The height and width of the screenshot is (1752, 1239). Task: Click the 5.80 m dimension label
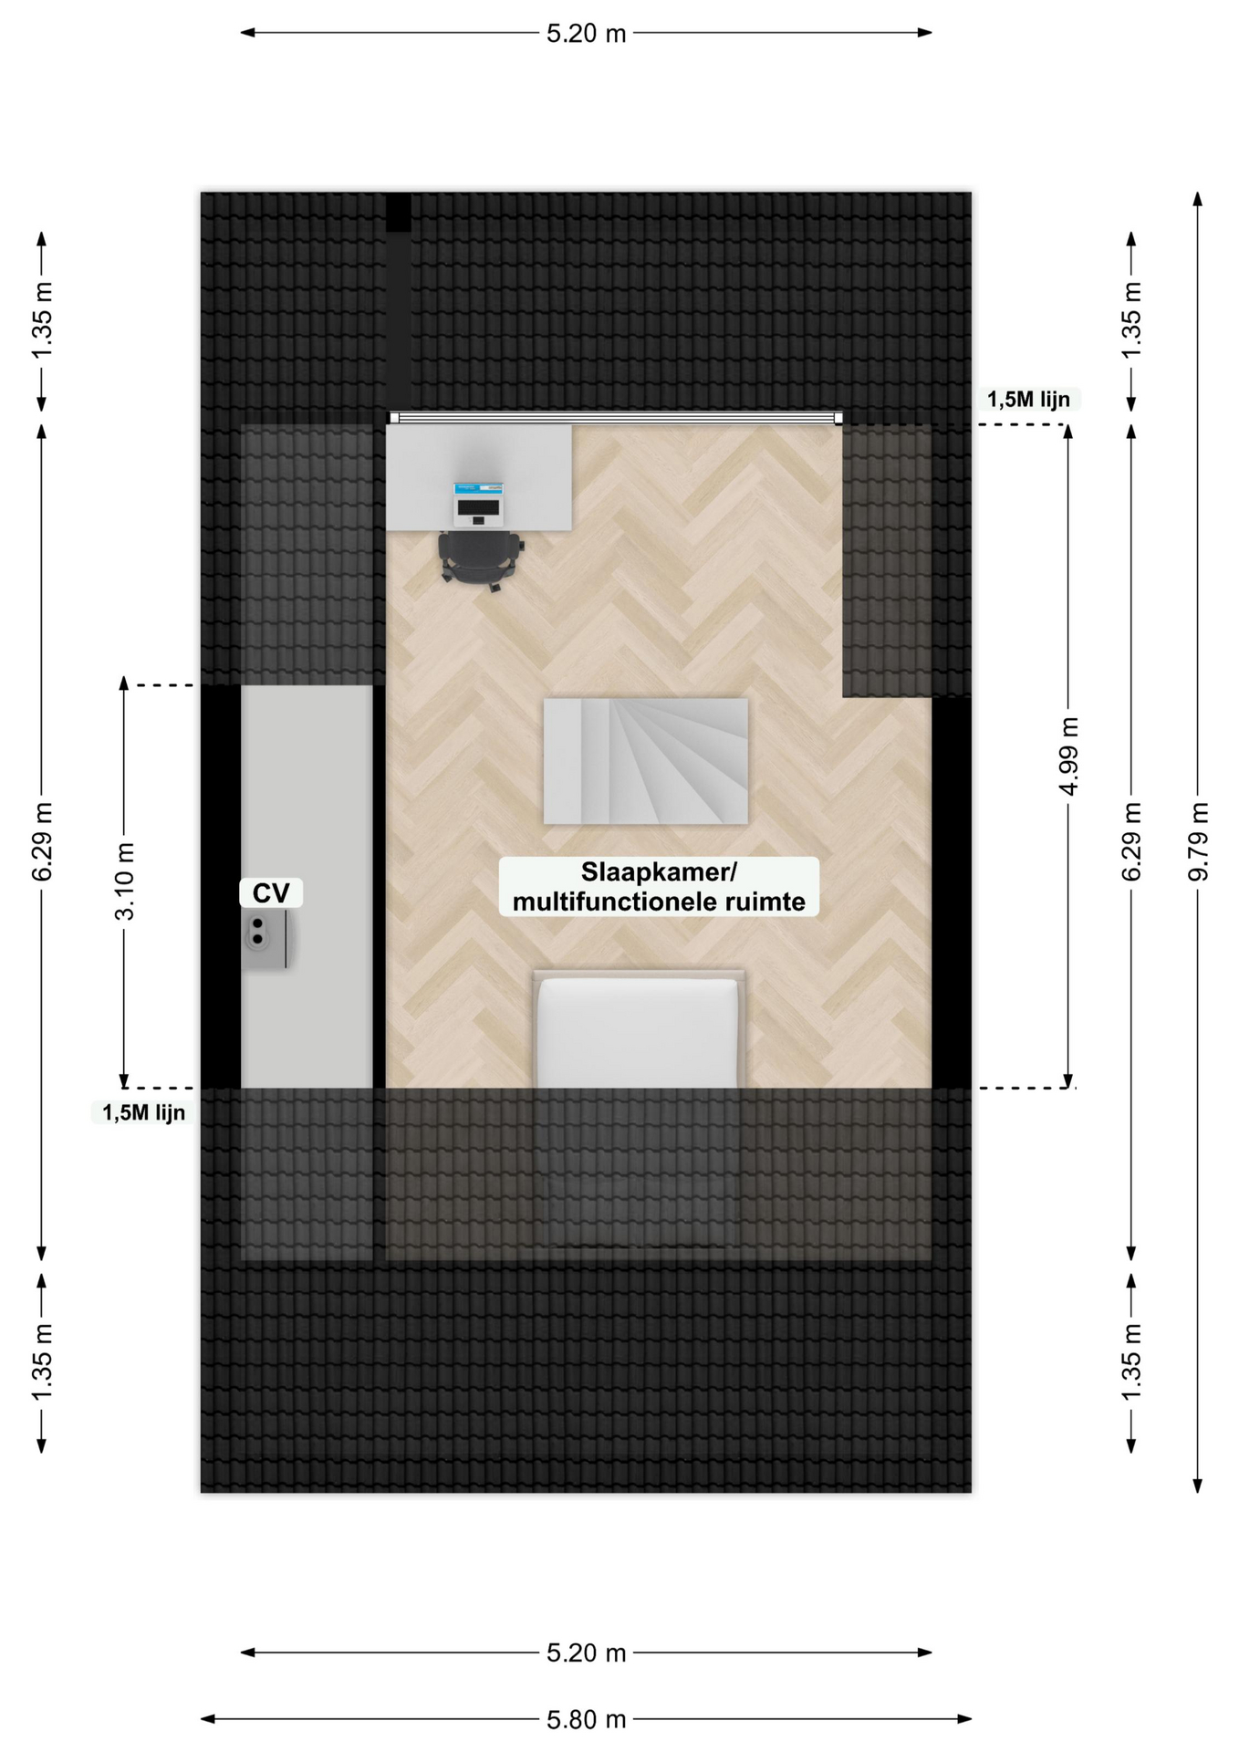click(586, 1719)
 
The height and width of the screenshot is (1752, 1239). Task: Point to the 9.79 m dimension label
click(1198, 841)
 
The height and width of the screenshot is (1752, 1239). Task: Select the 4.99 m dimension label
click(1068, 756)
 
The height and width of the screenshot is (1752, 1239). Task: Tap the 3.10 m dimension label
click(124, 881)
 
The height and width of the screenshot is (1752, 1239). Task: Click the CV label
click(271, 893)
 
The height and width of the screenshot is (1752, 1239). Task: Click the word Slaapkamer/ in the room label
click(659, 872)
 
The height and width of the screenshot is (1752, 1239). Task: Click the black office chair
click(480, 560)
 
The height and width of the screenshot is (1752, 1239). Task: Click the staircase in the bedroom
click(646, 761)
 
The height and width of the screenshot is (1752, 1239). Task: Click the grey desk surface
click(479, 477)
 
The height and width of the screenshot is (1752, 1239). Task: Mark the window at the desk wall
click(616, 418)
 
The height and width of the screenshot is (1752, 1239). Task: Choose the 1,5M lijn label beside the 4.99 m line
click(1028, 399)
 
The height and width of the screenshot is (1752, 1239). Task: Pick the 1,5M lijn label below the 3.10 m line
click(143, 1112)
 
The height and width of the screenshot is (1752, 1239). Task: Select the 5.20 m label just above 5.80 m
click(586, 1653)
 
